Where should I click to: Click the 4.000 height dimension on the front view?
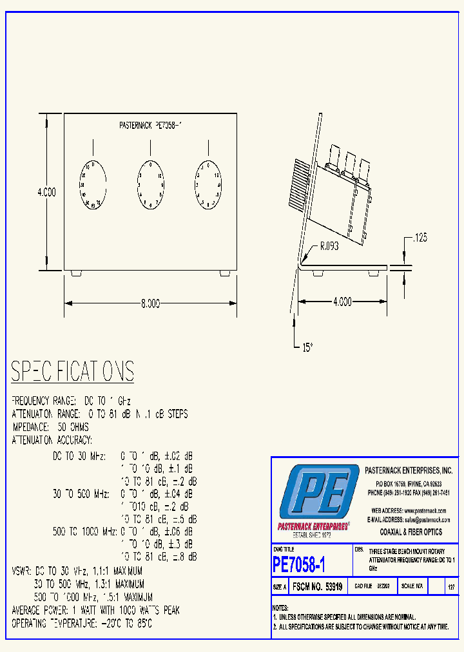(46, 192)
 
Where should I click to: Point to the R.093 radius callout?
(328, 245)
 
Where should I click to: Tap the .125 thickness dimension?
(418, 238)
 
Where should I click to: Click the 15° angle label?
(307, 347)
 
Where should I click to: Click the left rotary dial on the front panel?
(93, 186)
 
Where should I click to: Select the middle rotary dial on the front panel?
(150, 186)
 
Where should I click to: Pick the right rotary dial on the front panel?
(208, 185)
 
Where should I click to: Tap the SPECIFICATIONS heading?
(73, 372)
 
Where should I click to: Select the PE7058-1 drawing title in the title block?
(299, 565)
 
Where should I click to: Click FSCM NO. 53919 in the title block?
(318, 587)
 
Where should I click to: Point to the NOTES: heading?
(280, 608)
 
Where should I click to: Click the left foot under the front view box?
(75, 273)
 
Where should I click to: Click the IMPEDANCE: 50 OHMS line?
(50, 427)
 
